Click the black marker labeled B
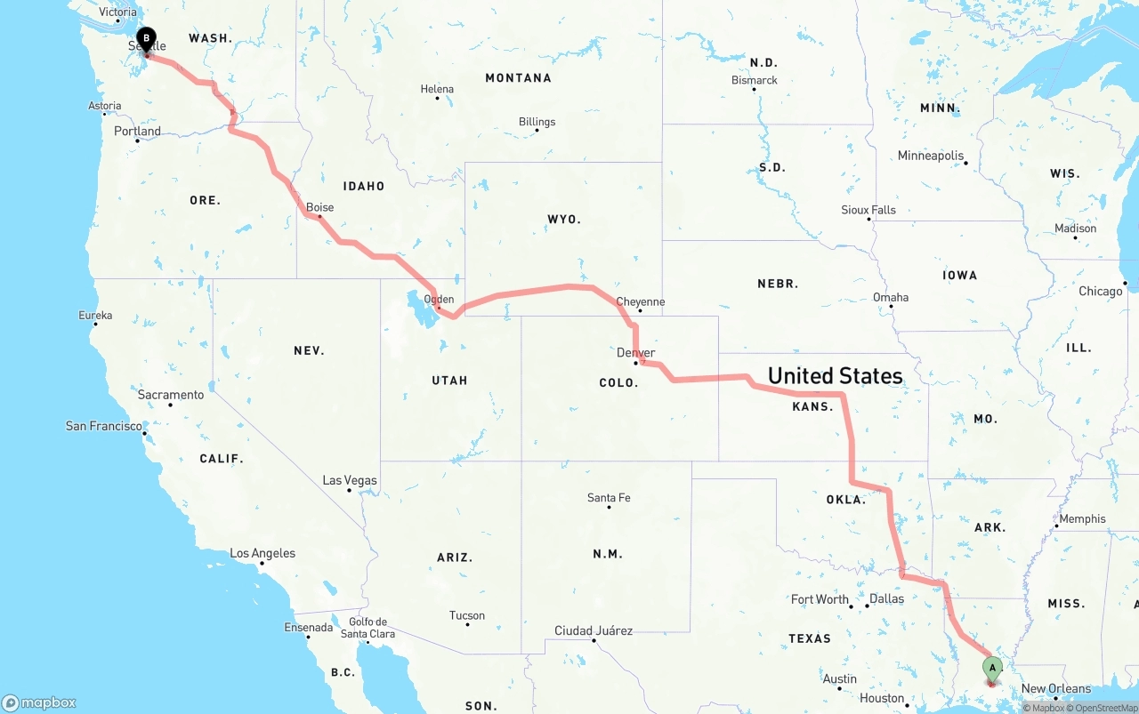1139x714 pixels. point(147,40)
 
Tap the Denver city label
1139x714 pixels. point(635,353)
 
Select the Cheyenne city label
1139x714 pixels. point(640,302)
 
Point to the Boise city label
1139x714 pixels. point(319,207)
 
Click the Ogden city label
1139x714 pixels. point(439,300)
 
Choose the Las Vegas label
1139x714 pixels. point(350,481)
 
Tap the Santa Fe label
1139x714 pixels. point(609,498)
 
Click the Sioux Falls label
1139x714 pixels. point(868,210)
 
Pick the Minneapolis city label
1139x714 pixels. point(930,156)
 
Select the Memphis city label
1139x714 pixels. point(1082,519)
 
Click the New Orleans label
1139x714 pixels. point(1055,689)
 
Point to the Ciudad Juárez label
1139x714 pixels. point(594,631)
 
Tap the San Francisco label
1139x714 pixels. point(103,427)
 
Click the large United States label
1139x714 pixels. point(835,375)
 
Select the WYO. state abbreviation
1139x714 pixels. point(563,219)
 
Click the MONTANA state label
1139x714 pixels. point(518,78)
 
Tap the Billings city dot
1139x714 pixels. point(537,131)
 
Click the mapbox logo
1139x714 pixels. point(39,702)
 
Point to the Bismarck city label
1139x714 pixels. point(755,80)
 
